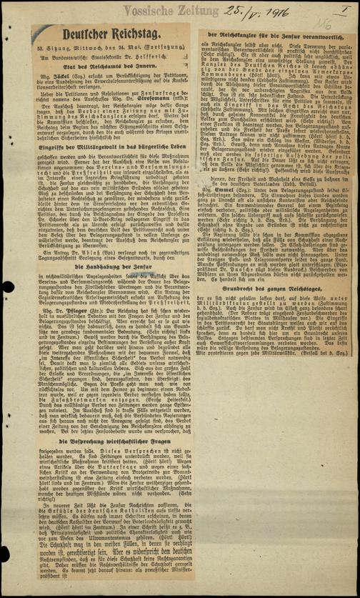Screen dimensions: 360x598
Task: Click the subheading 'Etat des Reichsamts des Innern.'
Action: coord(106,64)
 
